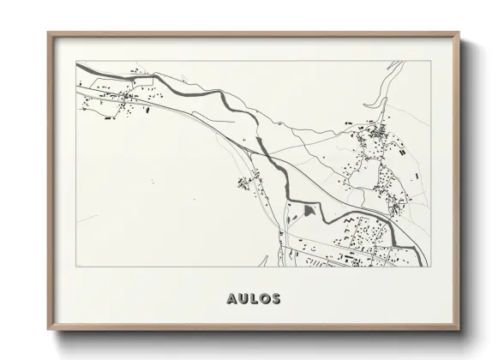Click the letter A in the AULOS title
click(231, 299)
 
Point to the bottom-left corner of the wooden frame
click(48, 331)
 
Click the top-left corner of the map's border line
click(76, 61)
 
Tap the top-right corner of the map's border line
click(429, 61)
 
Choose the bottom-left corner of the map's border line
click(76, 267)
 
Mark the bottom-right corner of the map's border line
click(429, 267)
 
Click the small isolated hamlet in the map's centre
click(249, 180)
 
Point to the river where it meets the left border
click(78, 65)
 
